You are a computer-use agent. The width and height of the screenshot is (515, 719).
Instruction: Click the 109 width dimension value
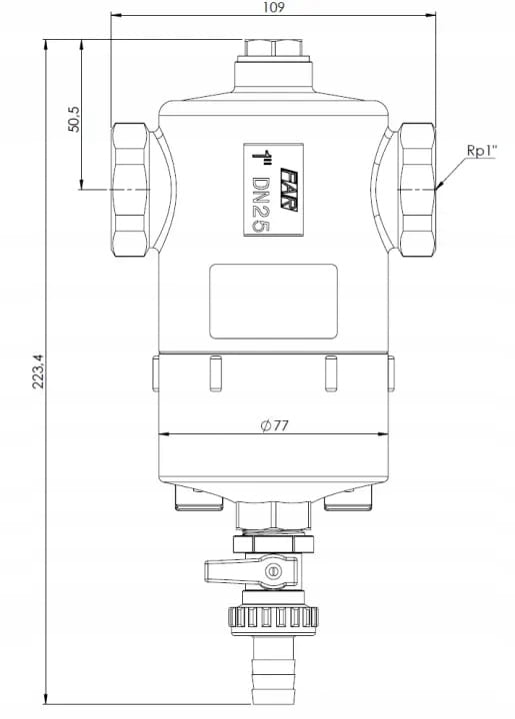point(274,7)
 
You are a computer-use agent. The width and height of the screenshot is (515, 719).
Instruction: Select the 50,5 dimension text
point(74,119)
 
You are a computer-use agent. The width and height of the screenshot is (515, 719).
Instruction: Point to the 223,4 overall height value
point(38,371)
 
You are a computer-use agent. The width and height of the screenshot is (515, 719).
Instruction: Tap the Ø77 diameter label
point(274,425)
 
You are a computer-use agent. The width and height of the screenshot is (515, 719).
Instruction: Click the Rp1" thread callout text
point(481,150)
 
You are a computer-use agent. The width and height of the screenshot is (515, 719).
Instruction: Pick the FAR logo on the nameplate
point(289,189)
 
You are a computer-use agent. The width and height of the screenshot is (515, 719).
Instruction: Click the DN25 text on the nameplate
point(261,205)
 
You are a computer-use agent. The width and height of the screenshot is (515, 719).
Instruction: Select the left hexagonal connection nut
point(129,189)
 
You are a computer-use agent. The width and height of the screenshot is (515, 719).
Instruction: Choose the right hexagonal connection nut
point(416,189)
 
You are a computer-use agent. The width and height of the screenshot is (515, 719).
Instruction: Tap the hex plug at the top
point(273,48)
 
